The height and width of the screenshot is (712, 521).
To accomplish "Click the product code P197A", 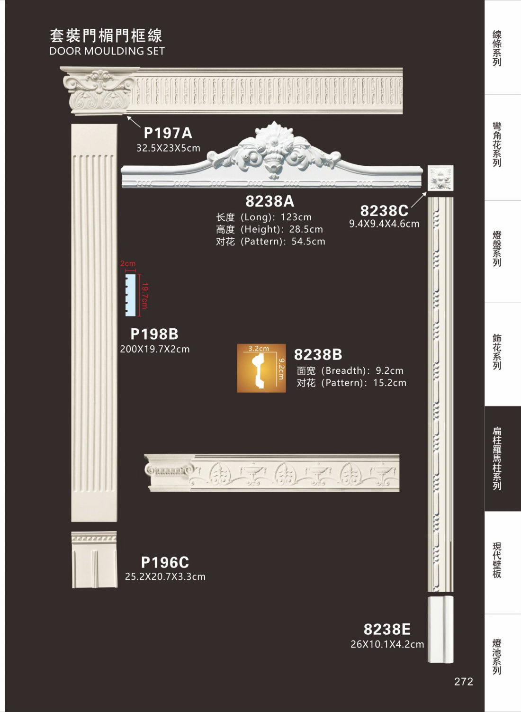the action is [168, 133].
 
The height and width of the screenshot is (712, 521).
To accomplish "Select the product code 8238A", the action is [269, 201].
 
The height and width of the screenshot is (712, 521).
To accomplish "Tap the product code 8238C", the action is [384, 210].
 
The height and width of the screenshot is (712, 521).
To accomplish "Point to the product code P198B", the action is [154, 334].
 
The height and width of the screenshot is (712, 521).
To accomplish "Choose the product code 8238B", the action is [318, 354].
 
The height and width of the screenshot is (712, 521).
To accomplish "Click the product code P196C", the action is [165, 562].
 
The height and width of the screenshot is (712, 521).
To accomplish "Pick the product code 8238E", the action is [387, 629].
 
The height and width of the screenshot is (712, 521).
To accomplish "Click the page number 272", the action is [464, 682].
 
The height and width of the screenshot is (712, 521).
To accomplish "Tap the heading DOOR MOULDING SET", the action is [107, 51].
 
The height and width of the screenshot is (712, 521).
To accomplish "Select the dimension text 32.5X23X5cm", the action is [168, 148].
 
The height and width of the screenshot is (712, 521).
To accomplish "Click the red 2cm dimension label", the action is [128, 263].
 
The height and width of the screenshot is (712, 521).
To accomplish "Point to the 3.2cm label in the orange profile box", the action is [259, 348].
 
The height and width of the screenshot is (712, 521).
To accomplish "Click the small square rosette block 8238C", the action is [440, 178].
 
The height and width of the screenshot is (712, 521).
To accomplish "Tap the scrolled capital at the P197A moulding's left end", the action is [99, 90].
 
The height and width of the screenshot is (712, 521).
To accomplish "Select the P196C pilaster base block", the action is [94, 559].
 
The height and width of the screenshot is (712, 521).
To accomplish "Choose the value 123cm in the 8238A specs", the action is [296, 217].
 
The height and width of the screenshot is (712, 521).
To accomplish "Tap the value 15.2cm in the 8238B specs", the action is [390, 383].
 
